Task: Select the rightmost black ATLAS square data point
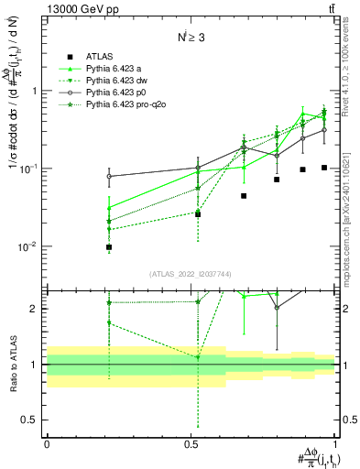coord(324,168)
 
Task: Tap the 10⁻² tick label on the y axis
coord(29,246)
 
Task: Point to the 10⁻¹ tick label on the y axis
coord(29,169)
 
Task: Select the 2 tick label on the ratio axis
coord(34,309)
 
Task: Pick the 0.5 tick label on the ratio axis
coord(31,420)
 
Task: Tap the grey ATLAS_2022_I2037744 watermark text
coord(189,275)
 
